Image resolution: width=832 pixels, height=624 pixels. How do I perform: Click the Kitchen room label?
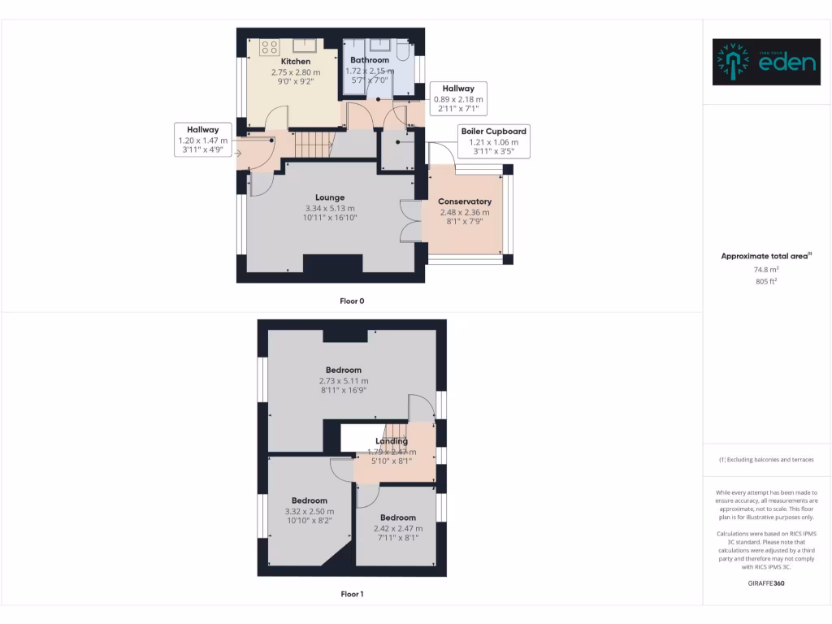(x=296, y=62)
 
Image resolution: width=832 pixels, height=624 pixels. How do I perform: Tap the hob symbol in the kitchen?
(x=270, y=47)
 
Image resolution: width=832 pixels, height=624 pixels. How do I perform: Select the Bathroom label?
(x=370, y=60)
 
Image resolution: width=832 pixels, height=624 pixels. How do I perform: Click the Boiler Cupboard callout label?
(x=493, y=131)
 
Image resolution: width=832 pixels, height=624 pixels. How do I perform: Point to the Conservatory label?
(x=465, y=201)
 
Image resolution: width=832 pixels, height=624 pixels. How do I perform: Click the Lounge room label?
(x=331, y=197)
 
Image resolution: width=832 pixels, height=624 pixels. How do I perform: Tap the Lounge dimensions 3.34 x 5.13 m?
(x=331, y=208)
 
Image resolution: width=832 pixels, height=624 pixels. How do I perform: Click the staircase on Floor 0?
(x=314, y=145)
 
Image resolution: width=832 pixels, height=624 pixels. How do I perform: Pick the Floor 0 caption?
(x=352, y=301)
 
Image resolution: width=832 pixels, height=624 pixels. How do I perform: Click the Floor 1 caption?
(x=352, y=594)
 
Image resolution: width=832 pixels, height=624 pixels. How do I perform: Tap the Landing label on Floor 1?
(x=392, y=441)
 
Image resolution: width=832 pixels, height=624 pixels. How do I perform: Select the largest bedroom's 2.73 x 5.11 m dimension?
(x=344, y=381)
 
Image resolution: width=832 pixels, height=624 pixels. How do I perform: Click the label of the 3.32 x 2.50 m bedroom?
(x=310, y=500)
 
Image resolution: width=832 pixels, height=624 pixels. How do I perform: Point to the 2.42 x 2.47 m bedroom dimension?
(x=398, y=528)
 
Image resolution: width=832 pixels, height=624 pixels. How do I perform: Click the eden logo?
(x=766, y=62)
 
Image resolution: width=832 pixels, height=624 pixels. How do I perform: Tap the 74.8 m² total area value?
(x=765, y=269)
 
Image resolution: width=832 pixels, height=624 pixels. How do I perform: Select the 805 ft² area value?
(x=765, y=281)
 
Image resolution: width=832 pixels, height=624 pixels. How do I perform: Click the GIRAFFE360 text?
(x=765, y=583)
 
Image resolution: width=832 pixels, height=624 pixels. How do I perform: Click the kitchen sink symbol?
(x=305, y=44)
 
